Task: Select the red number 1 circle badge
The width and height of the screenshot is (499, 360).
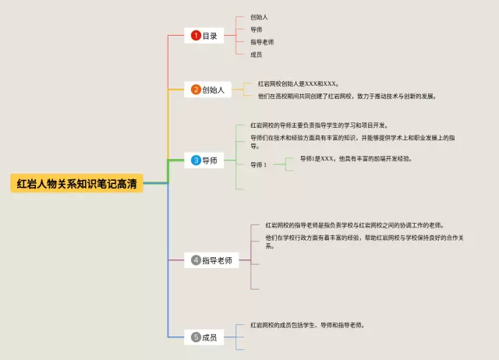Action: pos(196,35)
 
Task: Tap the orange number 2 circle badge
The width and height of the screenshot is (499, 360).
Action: pos(196,90)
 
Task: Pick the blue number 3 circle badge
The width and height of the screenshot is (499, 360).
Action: pos(196,160)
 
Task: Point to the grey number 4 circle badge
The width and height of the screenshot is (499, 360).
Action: pos(196,261)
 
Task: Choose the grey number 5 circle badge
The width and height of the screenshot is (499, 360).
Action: pos(196,337)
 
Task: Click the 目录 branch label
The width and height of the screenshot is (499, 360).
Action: pos(210,35)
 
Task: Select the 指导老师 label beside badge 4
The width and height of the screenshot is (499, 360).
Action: pos(218,261)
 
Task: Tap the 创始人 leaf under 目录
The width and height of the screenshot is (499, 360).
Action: pos(259,16)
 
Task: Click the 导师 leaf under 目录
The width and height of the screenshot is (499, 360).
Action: pos(256,29)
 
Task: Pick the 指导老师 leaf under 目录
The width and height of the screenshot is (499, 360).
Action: pos(262,41)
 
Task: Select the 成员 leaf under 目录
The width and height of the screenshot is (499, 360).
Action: pos(256,55)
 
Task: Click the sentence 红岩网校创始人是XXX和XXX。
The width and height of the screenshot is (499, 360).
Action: pos(298,83)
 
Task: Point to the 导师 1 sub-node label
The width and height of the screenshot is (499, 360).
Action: pos(258,164)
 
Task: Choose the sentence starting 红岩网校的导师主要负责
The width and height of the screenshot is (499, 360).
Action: pos(319,125)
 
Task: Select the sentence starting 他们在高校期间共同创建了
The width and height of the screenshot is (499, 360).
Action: pos(347,97)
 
